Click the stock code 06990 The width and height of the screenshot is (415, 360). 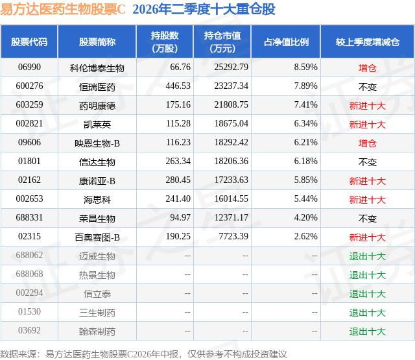click(x=29, y=67)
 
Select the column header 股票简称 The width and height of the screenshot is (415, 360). click(x=97, y=42)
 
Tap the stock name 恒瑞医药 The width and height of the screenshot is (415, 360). click(x=97, y=87)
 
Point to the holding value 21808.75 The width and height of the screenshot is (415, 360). click(x=231, y=105)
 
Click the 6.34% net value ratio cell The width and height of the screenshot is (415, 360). click(x=305, y=124)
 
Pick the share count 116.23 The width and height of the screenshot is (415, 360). click(x=178, y=143)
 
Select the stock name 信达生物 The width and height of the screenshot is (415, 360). click(x=97, y=162)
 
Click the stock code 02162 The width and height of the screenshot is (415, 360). click(x=29, y=180)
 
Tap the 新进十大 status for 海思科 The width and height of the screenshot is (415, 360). click(x=368, y=200)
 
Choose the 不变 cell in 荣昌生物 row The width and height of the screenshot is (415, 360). click(x=368, y=219)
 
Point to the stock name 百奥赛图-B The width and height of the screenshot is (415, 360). click(x=97, y=237)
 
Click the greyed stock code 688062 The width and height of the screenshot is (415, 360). click(x=29, y=255)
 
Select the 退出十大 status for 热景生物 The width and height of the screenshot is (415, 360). click(x=368, y=275)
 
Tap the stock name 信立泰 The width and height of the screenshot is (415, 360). click(x=97, y=294)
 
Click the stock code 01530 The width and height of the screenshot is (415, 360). click(x=29, y=311)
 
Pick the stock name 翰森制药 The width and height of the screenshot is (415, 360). click(x=97, y=331)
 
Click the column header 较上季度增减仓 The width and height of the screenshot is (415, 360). click(x=368, y=42)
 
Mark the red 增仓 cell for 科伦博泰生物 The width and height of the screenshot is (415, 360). click(x=368, y=68)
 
